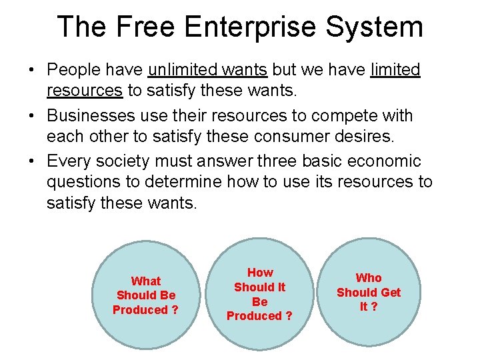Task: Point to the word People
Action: (72, 70)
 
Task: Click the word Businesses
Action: (91, 116)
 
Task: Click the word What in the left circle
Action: (146, 281)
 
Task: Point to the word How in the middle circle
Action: (260, 272)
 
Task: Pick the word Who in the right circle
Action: (369, 277)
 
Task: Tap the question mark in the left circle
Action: (175, 310)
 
